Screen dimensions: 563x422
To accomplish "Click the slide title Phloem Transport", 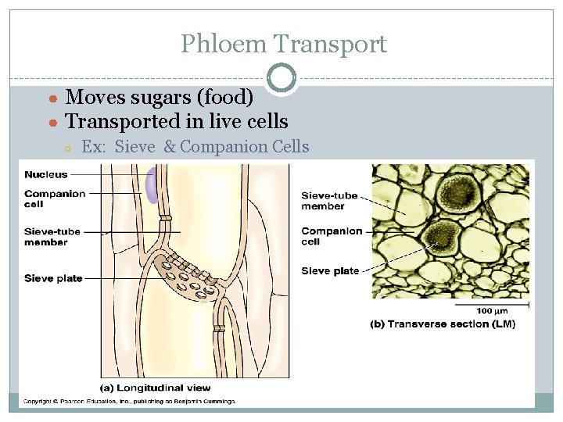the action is pyautogui.click(x=284, y=44).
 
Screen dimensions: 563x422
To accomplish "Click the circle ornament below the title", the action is pyautogui.click(x=281, y=78).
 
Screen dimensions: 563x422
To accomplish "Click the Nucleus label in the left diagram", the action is pyautogui.click(x=46, y=174).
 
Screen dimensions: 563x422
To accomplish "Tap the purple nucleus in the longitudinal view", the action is pyautogui.click(x=152, y=188).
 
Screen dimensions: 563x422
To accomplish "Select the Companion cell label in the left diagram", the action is pyautogui.click(x=55, y=198).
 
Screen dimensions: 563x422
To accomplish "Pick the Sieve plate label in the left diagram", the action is pyautogui.click(x=53, y=278).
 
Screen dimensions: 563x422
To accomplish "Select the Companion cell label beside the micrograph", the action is pyautogui.click(x=332, y=236).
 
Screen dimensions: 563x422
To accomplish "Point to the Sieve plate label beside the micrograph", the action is pyautogui.click(x=330, y=271).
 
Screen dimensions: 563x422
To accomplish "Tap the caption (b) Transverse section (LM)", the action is pyautogui.click(x=443, y=324).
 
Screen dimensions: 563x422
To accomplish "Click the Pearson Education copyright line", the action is pyautogui.click(x=128, y=402).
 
